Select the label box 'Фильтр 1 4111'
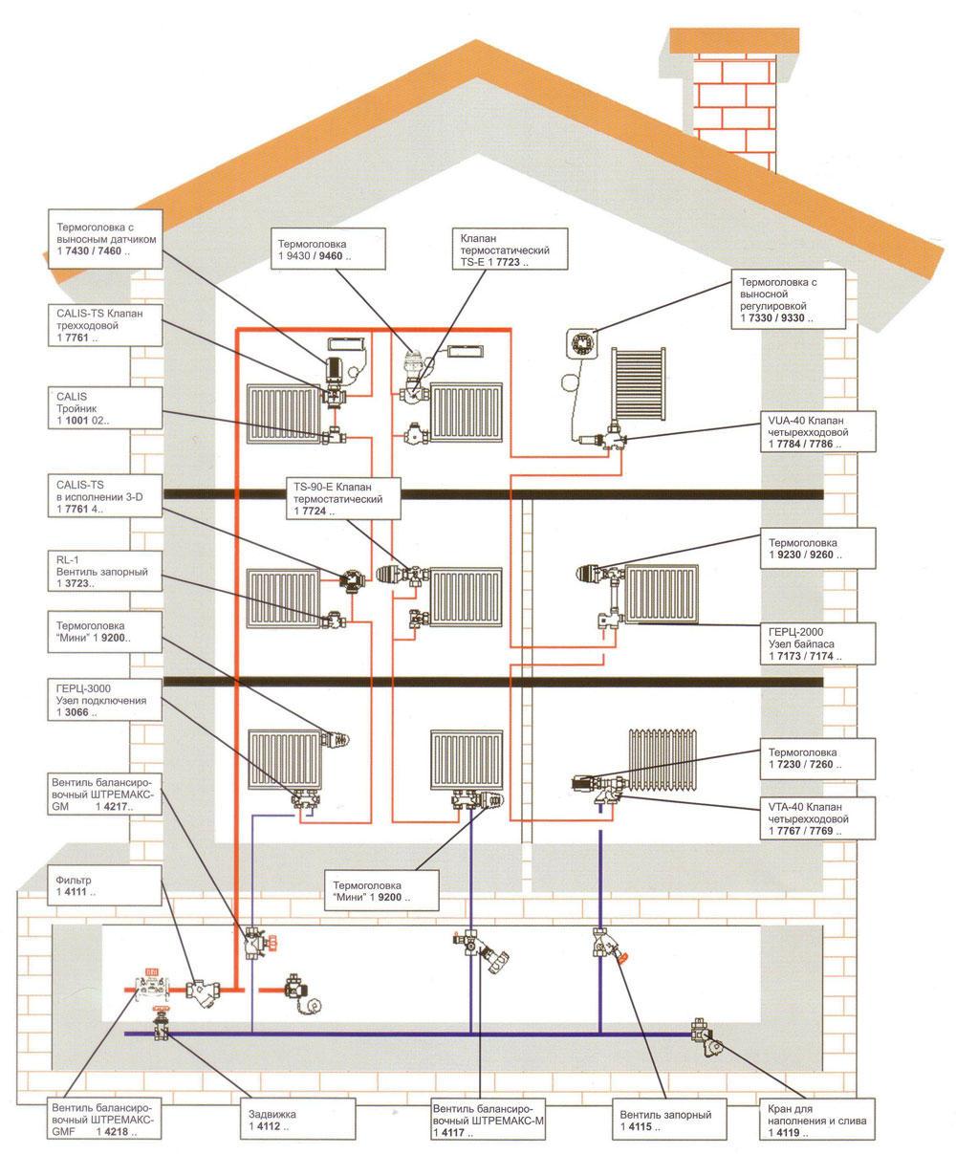(x=102, y=884)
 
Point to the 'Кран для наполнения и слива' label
(x=815, y=1120)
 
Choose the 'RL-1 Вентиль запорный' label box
(x=102, y=570)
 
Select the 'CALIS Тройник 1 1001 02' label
(x=102, y=407)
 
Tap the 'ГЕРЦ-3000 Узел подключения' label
(x=102, y=699)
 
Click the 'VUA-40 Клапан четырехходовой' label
(x=815, y=431)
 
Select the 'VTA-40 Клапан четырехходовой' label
(x=815, y=819)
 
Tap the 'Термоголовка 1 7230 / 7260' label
(x=815, y=758)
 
